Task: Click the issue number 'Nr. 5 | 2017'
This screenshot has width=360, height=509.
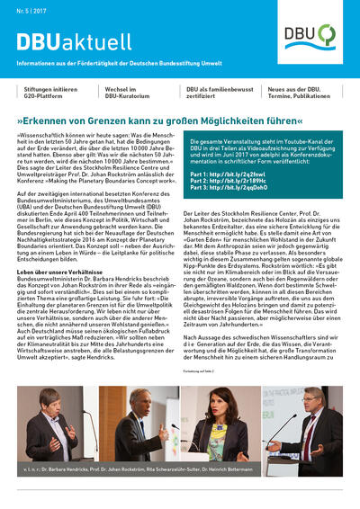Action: coord(31,13)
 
